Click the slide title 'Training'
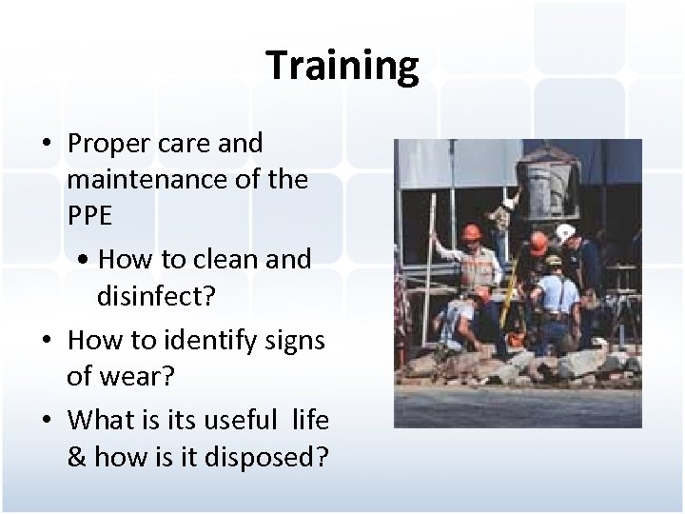pyautogui.click(x=342, y=66)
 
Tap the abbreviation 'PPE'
pyautogui.click(x=89, y=215)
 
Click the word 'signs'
pyautogui.click(x=292, y=340)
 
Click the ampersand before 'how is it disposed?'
pyautogui.click(x=77, y=457)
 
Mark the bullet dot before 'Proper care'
pyautogui.click(x=46, y=145)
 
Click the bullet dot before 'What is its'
pyautogui.click(x=46, y=420)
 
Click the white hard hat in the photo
pyautogui.click(x=565, y=232)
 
